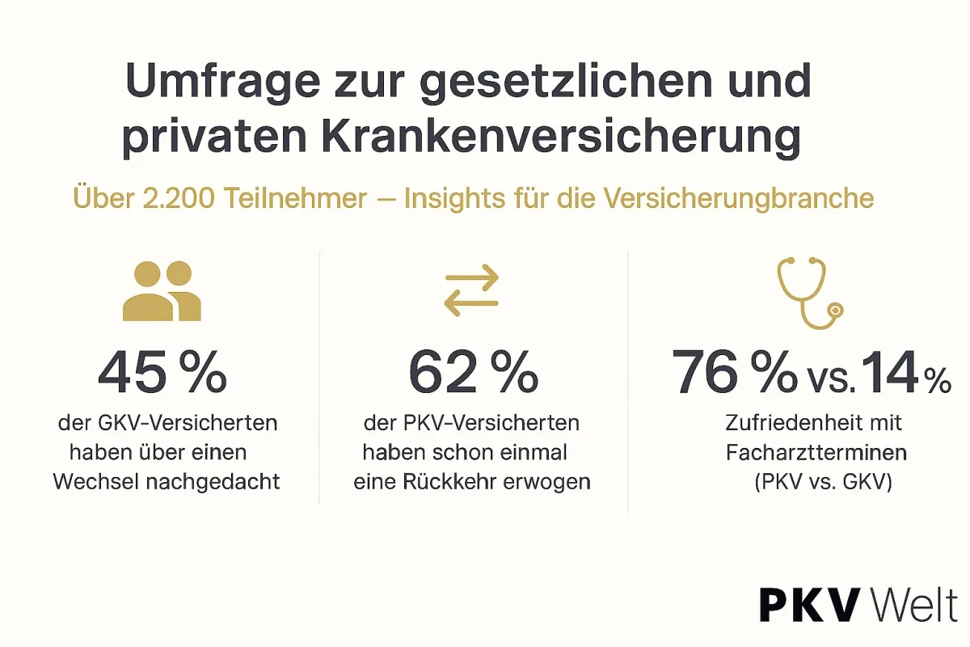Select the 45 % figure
(162, 371)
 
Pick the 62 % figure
(473, 371)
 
